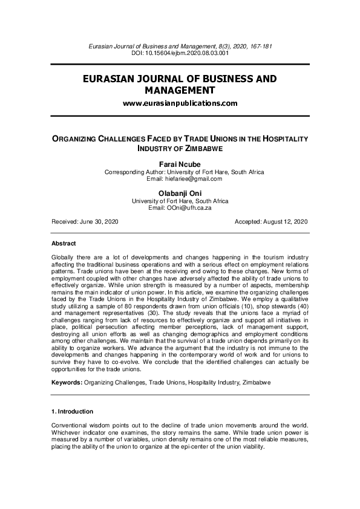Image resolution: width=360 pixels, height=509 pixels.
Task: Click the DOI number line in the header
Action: [x=180, y=53]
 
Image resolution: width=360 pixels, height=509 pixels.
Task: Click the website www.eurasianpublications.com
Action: [x=180, y=103]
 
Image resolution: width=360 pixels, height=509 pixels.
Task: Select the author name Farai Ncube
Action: [x=180, y=164]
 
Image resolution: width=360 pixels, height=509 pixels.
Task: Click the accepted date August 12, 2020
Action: [x=283, y=222]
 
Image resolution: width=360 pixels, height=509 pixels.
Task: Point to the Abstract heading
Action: [x=64, y=243]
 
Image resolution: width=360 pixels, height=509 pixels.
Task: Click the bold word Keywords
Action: [x=67, y=383]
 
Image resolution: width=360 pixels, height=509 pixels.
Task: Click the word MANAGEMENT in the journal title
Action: [x=180, y=90]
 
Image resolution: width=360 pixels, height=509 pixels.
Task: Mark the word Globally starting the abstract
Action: [x=65, y=258]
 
